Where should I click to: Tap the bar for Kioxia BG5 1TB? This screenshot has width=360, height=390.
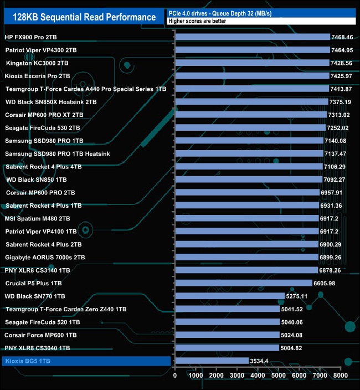click(x=212, y=361)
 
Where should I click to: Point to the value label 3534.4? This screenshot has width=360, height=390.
click(x=260, y=361)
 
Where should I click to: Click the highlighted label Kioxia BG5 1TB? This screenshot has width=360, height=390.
click(x=35, y=361)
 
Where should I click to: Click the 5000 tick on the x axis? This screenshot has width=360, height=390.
click(x=279, y=375)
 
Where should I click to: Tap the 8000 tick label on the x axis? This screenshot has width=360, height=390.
click(x=341, y=375)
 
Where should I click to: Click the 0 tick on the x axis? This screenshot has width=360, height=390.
click(x=175, y=375)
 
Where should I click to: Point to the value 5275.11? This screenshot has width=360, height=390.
click(x=297, y=296)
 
